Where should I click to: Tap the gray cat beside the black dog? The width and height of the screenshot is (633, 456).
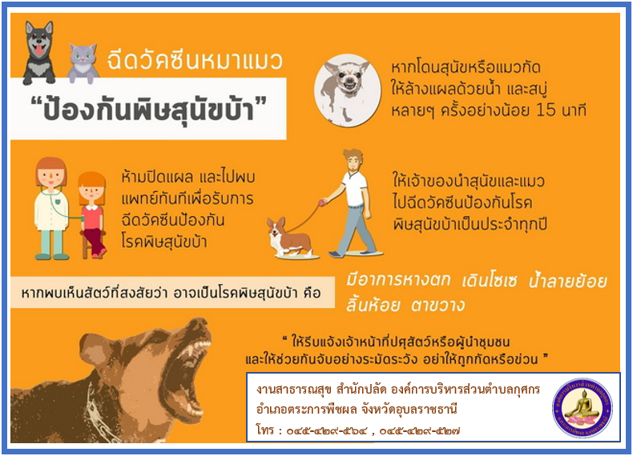pyautogui.click(x=83, y=63)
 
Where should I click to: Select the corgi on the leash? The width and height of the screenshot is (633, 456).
pyautogui.click(x=288, y=238)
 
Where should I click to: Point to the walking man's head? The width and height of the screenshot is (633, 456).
pyautogui.click(x=353, y=161)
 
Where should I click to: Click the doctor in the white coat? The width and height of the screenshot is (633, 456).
pyautogui.click(x=50, y=208)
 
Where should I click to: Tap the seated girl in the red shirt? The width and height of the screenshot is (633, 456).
pyautogui.click(x=92, y=215)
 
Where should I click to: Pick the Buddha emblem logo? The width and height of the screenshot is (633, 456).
pyautogui.click(x=582, y=408)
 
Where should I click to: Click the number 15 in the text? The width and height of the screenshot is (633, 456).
pyautogui.click(x=546, y=110)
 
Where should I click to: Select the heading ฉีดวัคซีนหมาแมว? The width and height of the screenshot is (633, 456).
pyautogui.click(x=195, y=61)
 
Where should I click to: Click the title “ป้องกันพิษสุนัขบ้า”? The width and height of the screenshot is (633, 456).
pyautogui.click(x=148, y=108)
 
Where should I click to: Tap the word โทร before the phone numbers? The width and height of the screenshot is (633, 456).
pyautogui.click(x=265, y=430)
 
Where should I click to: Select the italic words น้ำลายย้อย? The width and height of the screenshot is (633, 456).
pyautogui.click(x=567, y=281)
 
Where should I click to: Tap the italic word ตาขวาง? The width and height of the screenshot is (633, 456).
pyautogui.click(x=437, y=306)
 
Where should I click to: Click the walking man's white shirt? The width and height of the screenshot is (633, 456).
pyautogui.click(x=355, y=188)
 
